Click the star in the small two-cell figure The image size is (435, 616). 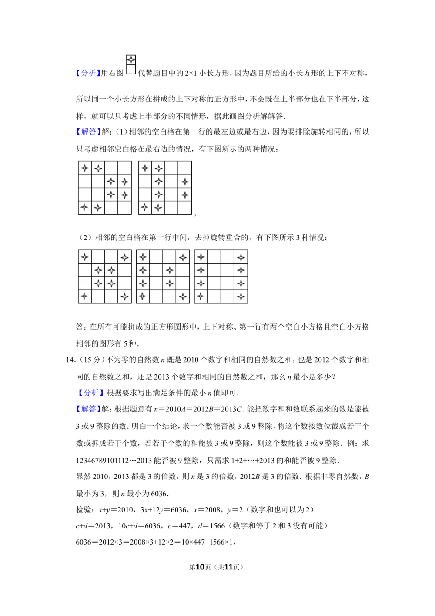click(130, 60)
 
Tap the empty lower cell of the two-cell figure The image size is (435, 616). click(130, 69)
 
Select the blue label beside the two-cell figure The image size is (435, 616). click(88, 73)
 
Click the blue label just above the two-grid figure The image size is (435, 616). click(89, 131)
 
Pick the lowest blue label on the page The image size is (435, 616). click(89, 409)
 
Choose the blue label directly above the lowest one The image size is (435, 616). click(90, 392)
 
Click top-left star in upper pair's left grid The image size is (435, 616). click(85, 168)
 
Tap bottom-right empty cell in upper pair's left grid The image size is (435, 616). click(125, 208)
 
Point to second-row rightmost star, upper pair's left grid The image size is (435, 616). click(125, 182)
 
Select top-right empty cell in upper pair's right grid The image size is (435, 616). click(185, 168)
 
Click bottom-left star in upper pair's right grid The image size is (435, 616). click(145, 208)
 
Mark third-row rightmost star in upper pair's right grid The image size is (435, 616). click(185, 195)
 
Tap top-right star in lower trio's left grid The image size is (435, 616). click(125, 257)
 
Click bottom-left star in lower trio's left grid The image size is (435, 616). click(85, 296)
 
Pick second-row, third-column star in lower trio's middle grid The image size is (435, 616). click(170, 270)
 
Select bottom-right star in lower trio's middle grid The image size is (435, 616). click(183, 296)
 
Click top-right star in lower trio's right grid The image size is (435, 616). click(241, 257)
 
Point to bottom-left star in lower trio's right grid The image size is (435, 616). click(201, 296)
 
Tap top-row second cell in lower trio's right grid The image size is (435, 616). click(214, 257)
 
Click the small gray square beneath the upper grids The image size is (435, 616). click(193, 217)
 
